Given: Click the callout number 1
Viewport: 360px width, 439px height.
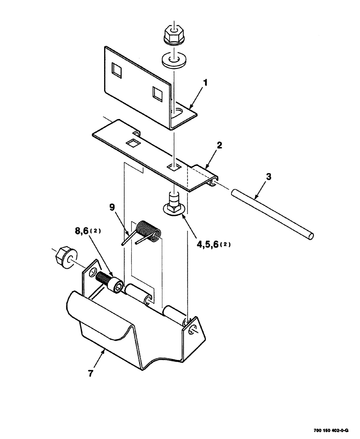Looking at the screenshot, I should pos(205,82).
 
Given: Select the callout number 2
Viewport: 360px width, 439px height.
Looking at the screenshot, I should pos(219,145).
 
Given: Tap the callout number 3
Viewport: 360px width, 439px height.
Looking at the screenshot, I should pos(268,177).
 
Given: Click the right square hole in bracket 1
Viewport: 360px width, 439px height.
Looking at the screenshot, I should pos(157,93).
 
